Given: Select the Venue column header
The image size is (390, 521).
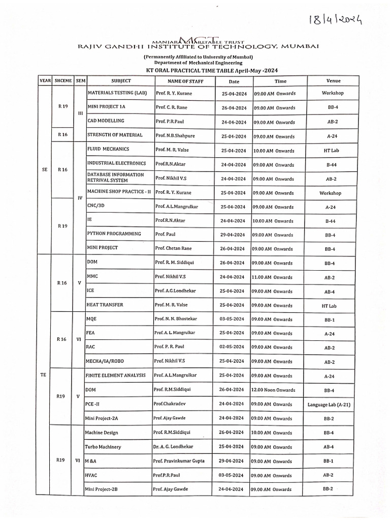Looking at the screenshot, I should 333,81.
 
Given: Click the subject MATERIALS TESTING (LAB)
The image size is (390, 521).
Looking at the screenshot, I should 117,93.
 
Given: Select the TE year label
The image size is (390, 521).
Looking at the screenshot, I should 43,374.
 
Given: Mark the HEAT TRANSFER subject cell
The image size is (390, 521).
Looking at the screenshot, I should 105,305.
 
